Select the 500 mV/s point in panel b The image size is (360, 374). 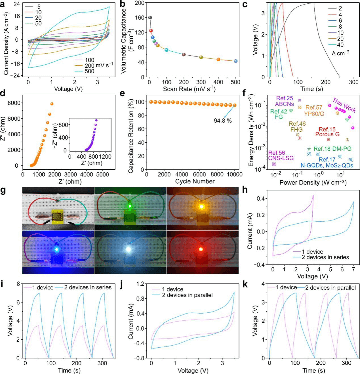click(x=235, y=61)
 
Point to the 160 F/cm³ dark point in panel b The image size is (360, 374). click(x=150, y=18)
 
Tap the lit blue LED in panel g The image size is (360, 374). click(x=57, y=249)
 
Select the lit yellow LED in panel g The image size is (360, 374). click(x=201, y=207)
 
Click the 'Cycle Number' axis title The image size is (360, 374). click(x=191, y=181)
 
